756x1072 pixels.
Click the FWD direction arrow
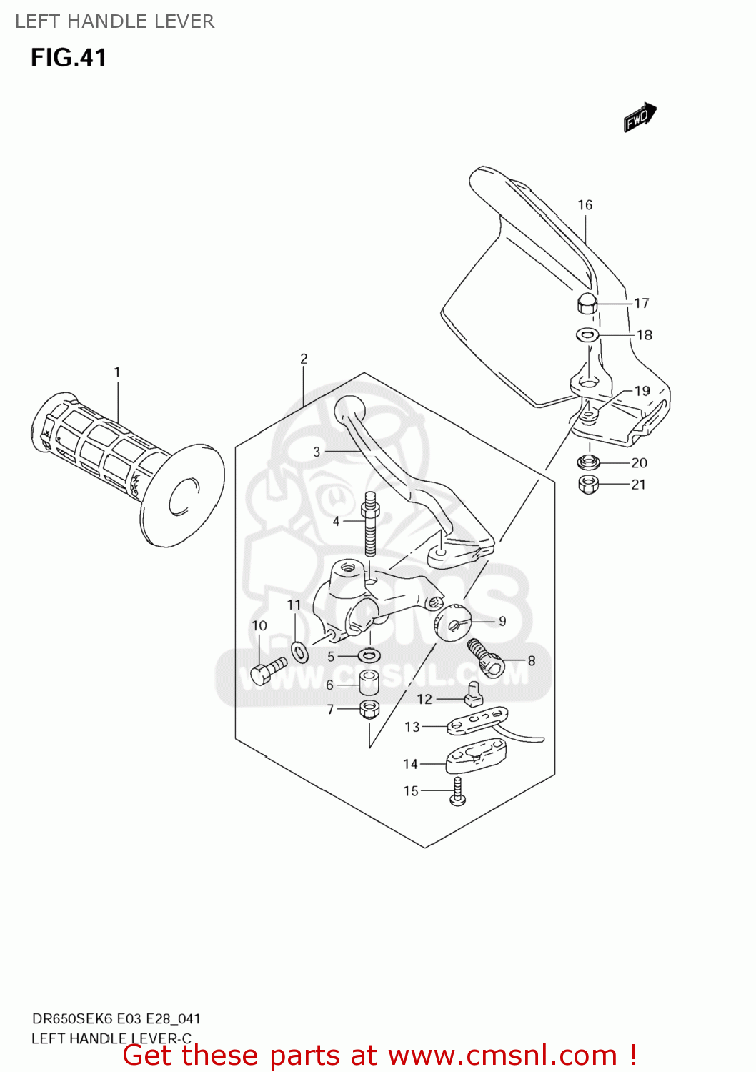point(640,117)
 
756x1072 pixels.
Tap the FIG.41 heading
point(69,57)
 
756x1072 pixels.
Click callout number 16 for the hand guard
point(585,205)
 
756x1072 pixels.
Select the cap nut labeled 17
point(587,303)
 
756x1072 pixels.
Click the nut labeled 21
point(587,485)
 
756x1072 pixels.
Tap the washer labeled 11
point(300,652)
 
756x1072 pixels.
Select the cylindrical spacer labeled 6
point(369,682)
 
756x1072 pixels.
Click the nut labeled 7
point(369,709)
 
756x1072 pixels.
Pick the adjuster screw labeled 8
point(487,658)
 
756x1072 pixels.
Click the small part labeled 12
point(474,693)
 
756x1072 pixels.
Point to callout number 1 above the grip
point(117,372)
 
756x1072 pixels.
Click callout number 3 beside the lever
point(317,452)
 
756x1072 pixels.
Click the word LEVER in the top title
point(187,21)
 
